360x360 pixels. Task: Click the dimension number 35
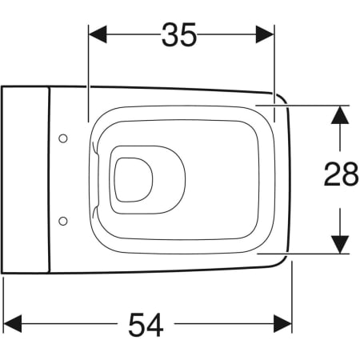click(179, 35)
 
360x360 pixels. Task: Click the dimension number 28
click(341, 174)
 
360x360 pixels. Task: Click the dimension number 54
click(146, 325)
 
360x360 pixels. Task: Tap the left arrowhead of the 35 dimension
click(98, 34)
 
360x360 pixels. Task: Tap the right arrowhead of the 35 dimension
click(265, 34)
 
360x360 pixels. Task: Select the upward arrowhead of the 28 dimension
click(340, 115)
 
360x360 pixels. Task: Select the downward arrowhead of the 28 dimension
click(340, 245)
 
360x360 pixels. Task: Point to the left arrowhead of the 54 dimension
click(13, 323)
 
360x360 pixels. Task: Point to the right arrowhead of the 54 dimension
click(283, 323)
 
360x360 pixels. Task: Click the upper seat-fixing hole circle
click(63, 138)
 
